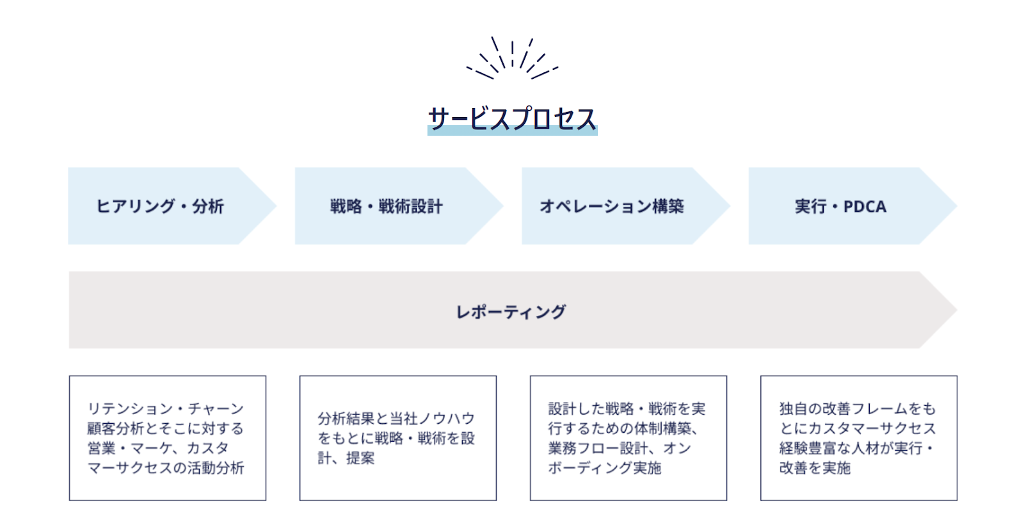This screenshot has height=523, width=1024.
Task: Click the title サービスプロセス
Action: [x=512, y=119]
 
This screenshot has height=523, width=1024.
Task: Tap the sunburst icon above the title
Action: [x=512, y=58]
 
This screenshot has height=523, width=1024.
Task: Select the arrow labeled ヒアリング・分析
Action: [x=172, y=205]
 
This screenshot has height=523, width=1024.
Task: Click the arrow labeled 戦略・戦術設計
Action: [x=399, y=205]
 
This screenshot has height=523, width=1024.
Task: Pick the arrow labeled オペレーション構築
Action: [x=625, y=205]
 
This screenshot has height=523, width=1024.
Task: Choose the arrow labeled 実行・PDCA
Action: [x=852, y=205]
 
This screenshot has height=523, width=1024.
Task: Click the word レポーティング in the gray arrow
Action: [x=511, y=312]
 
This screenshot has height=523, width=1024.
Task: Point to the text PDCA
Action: [x=865, y=207]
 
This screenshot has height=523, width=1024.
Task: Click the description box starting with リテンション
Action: [x=167, y=438]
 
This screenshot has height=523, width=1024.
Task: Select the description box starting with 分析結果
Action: [x=397, y=438]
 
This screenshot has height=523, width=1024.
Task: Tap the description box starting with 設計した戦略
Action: [x=628, y=438]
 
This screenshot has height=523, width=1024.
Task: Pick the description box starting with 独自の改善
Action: [x=858, y=438]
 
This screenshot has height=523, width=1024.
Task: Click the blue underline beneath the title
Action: [x=513, y=131]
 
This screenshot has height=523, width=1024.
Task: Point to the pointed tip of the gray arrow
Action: [x=957, y=310]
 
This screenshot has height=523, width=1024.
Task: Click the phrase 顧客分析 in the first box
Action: [x=116, y=428]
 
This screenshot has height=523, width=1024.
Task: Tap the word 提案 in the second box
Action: [x=360, y=458]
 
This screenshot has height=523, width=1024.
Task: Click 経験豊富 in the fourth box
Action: [x=808, y=448]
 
